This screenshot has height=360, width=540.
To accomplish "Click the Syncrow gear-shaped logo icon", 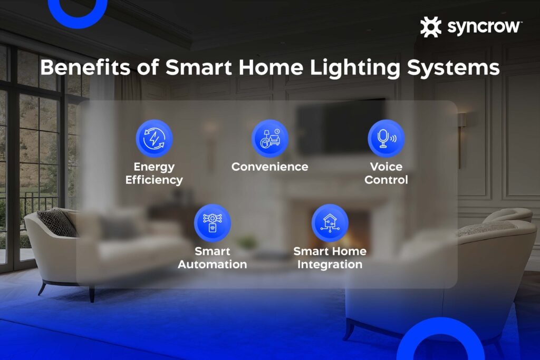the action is click(430, 26).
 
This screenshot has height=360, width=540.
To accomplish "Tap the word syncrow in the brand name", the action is click(484, 27).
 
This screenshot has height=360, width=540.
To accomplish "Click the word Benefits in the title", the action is click(85, 67).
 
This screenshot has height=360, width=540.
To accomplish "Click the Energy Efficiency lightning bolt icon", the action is click(154, 138).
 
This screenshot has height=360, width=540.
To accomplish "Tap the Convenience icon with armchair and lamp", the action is click(270, 138).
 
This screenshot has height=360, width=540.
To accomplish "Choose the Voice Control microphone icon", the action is click(386, 138).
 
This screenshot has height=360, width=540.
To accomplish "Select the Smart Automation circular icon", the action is click(212, 223).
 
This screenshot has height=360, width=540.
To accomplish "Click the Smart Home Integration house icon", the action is click(330, 223).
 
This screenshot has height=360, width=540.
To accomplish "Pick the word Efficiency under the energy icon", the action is click(154, 180).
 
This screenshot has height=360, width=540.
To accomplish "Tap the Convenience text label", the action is click(270, 167).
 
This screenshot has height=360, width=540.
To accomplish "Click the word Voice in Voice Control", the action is click(386, 167).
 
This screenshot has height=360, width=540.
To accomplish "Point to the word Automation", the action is click(212, 264).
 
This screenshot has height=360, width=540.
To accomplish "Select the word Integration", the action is click(330, 265).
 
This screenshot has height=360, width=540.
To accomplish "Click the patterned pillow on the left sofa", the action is click(57, 222).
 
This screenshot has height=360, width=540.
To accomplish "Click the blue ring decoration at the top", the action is click(78, 21).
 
